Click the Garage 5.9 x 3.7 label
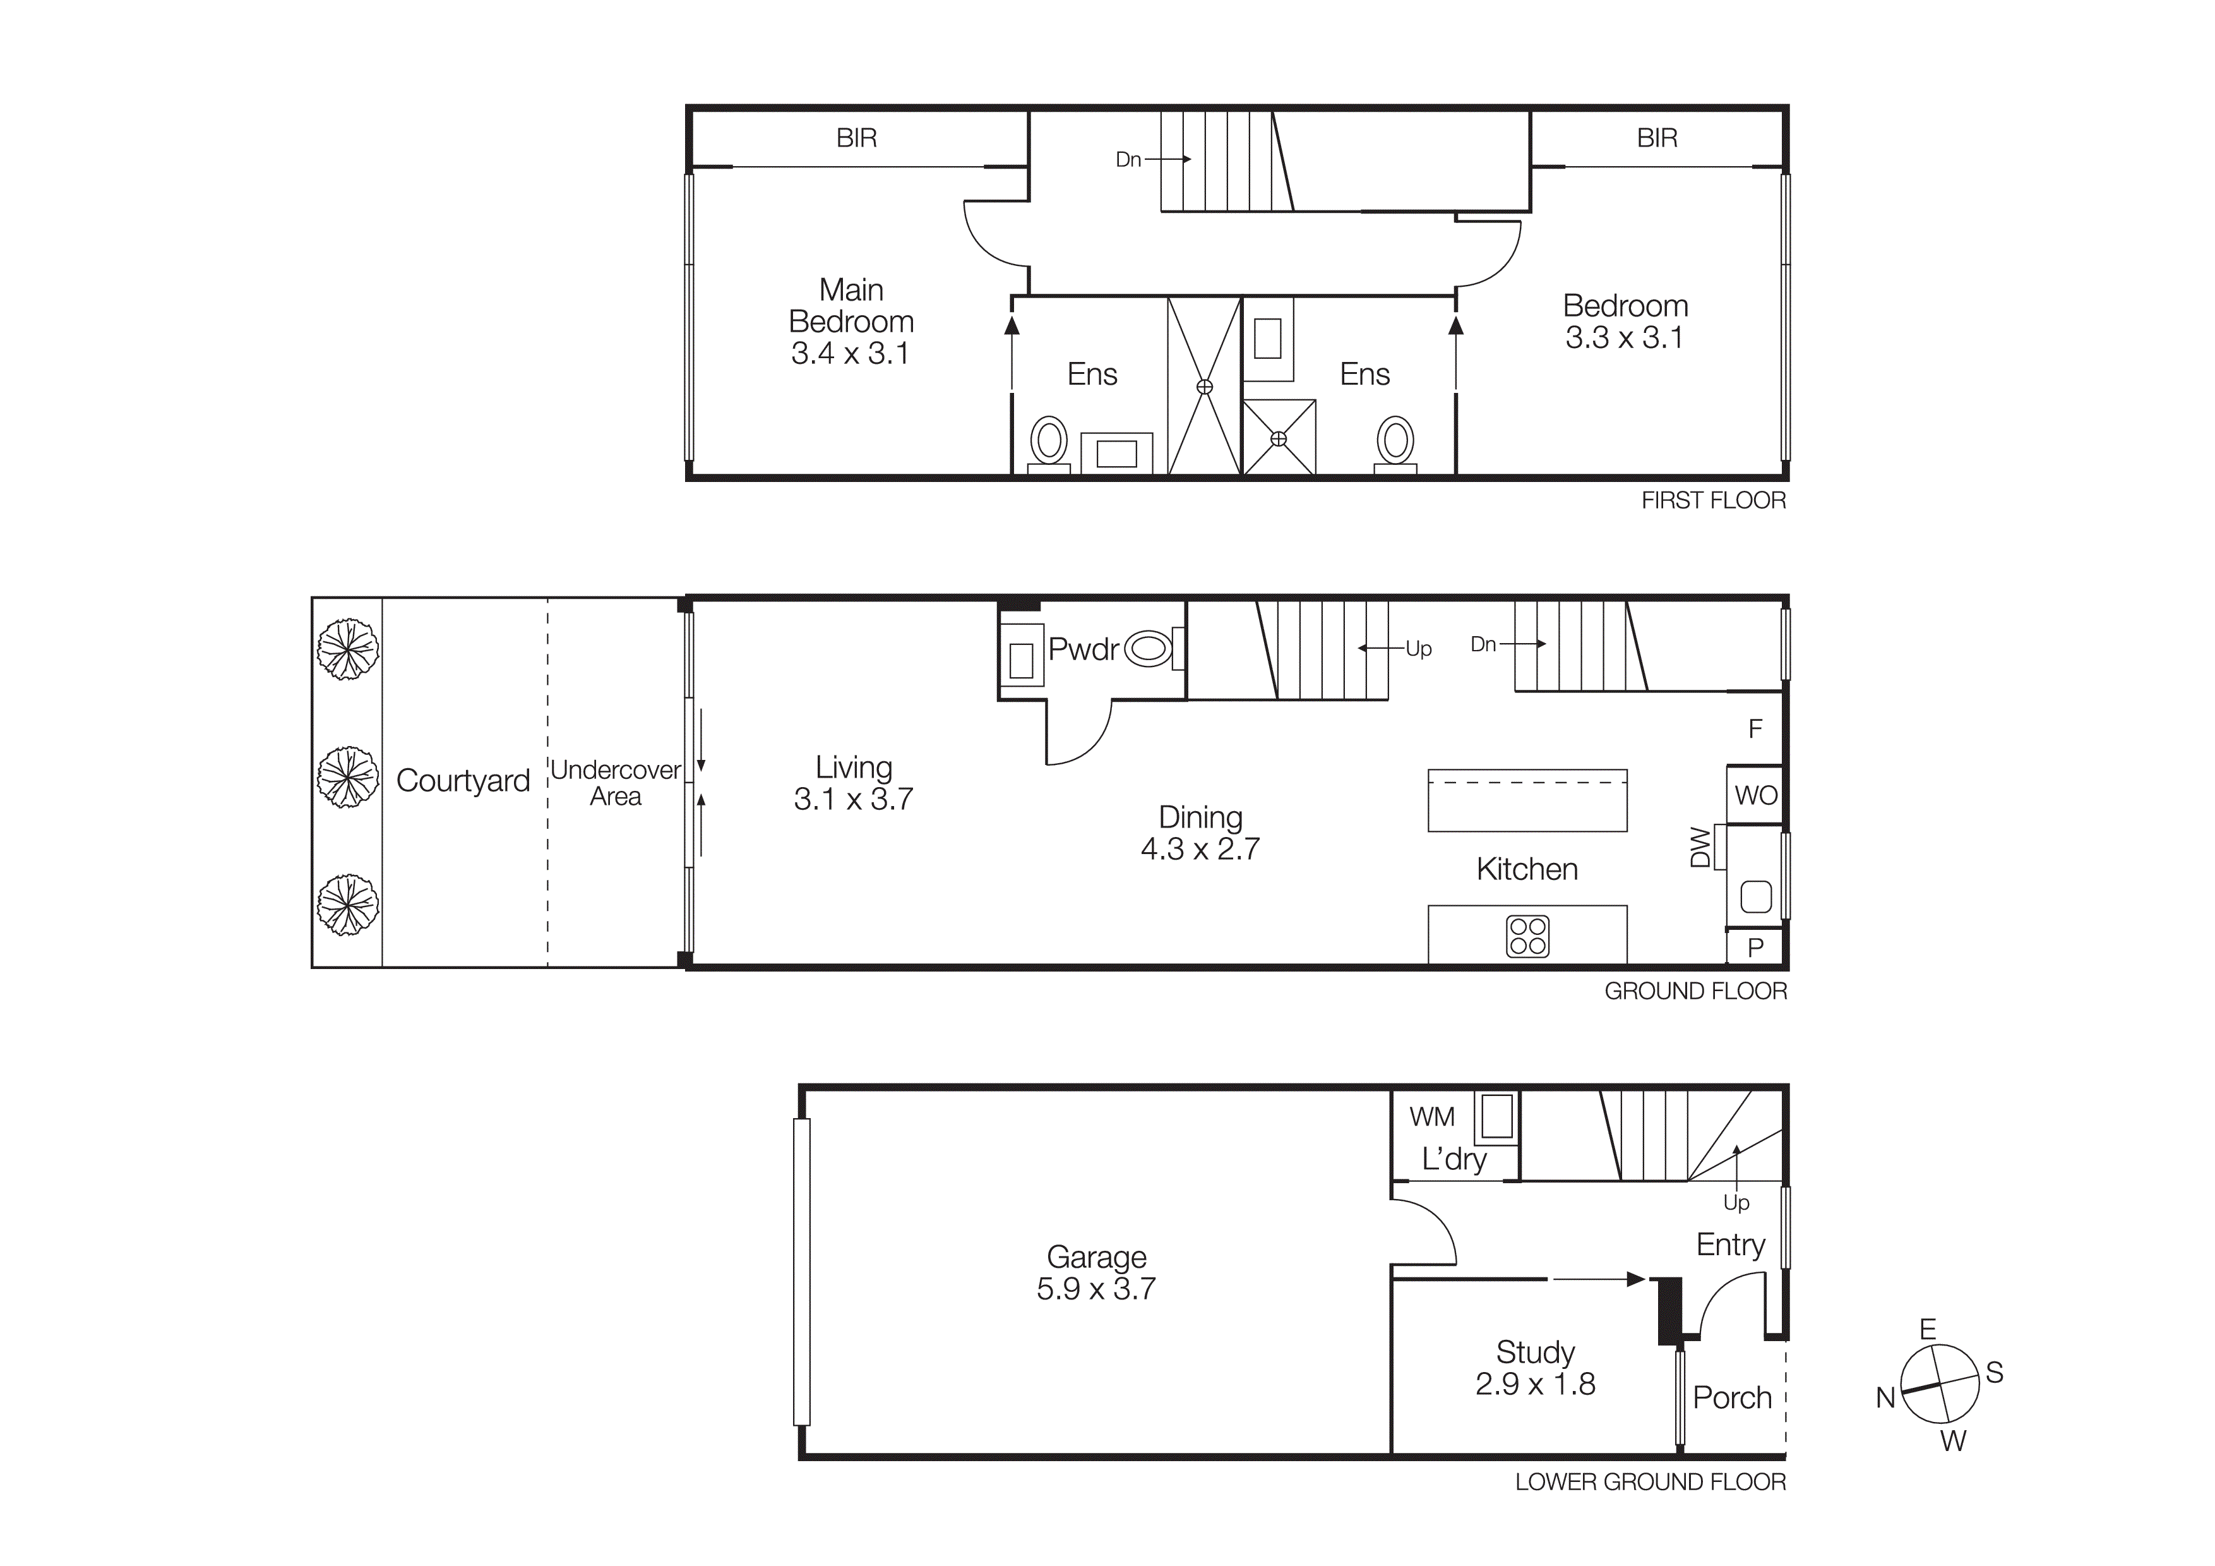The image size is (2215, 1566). point(1096,1273)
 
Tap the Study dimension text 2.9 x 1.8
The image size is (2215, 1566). point(1535,1383)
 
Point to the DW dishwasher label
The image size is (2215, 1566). point(1700,847)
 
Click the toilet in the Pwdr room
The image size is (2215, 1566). point(1149,648)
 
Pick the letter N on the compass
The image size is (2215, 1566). point(1885,1397)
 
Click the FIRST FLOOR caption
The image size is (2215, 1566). point(1714,500)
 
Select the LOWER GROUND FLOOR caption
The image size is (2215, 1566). point(1650,1482)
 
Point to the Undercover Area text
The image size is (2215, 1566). point(616,783)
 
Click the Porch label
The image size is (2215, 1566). point(1732,1397)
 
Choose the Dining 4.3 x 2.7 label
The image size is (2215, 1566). point(1200,833)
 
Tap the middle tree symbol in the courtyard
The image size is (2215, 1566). point(347,777)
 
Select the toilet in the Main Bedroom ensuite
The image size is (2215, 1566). point(1049,443)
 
